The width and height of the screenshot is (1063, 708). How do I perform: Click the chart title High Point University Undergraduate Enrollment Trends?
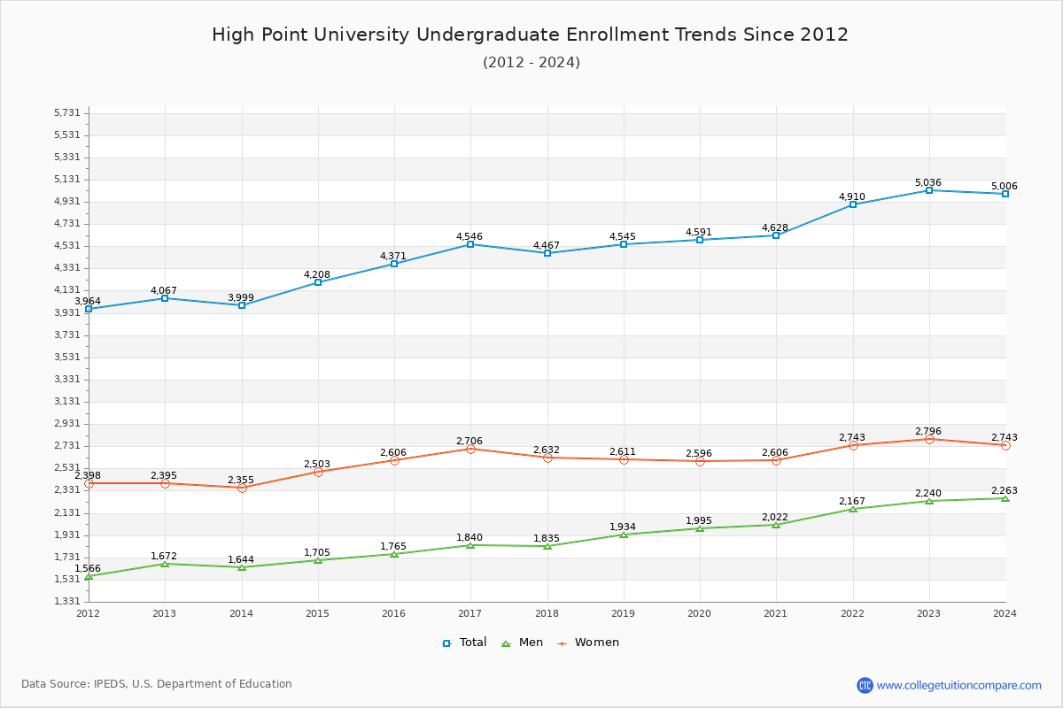530,35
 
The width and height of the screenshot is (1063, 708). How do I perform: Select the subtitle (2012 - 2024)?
531,63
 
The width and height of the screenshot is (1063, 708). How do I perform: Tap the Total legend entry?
465,643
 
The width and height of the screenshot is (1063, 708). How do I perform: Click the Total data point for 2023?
929,190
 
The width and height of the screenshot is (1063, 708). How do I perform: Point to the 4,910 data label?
851,196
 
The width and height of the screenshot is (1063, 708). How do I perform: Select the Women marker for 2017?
470,449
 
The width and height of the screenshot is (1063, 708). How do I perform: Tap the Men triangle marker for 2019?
624,535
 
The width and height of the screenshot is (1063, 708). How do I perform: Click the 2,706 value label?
469,441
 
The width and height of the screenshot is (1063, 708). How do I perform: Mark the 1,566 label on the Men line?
88,568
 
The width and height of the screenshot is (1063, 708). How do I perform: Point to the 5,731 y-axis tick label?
67,112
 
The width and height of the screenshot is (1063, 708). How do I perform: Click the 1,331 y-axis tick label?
67,602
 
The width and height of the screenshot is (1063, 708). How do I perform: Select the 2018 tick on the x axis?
547,613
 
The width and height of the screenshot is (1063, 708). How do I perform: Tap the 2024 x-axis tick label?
1005,613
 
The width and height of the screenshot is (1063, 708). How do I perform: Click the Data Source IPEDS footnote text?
157,684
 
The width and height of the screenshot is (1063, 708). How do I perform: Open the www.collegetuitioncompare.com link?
958,685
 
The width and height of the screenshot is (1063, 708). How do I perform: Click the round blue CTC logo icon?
865,685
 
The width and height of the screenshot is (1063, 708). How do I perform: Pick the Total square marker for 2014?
242,305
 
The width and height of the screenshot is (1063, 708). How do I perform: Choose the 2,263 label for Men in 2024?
1004,490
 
